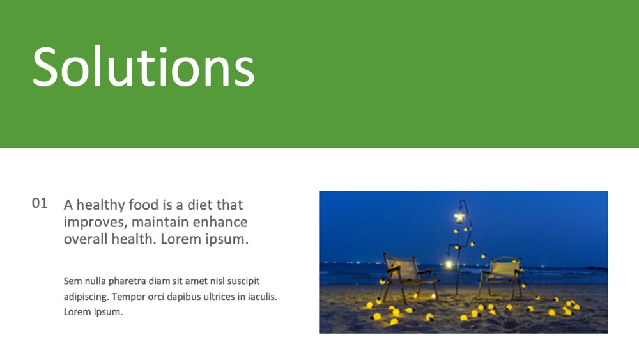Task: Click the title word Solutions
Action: click(143, 66)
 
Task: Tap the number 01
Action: click(40, 203)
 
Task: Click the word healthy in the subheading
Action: click(100, 205)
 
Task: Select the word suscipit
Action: click(243, 281)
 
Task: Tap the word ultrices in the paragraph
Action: click(219, 297)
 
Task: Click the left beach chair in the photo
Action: click(408, 278)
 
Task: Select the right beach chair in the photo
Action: click(501, 277)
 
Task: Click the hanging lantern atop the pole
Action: click(459, 217)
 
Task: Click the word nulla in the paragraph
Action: click(95, 281)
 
